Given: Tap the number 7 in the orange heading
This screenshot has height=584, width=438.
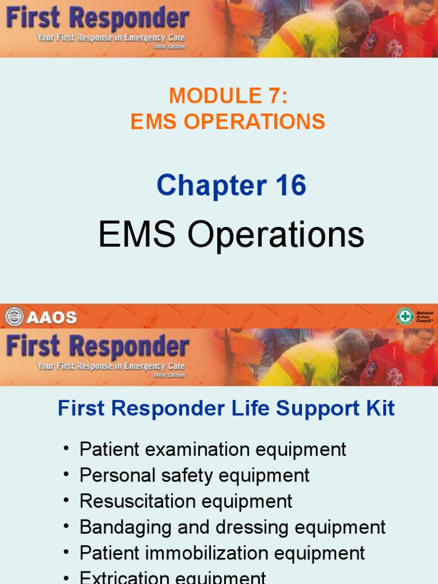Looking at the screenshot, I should (274, 96).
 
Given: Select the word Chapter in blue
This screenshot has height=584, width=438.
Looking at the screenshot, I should (206, 186).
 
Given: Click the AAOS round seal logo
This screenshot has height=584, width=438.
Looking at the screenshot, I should (14, 317).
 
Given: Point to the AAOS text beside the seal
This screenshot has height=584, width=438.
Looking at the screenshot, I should (52, 318).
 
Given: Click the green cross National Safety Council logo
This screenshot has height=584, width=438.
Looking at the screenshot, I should (405, 317).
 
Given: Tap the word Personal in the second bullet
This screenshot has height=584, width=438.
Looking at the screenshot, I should (115, 475).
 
